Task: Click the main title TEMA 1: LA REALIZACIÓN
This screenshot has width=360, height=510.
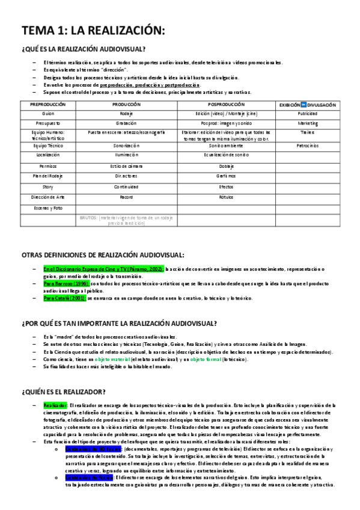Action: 93,31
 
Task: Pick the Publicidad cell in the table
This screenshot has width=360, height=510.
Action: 307,113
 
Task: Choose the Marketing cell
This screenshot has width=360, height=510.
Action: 307,123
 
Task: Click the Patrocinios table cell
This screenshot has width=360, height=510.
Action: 307,146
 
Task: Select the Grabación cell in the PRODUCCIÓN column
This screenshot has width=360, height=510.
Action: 126,123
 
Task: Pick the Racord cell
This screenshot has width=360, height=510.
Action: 126,197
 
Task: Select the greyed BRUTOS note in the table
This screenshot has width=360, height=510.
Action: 126,220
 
